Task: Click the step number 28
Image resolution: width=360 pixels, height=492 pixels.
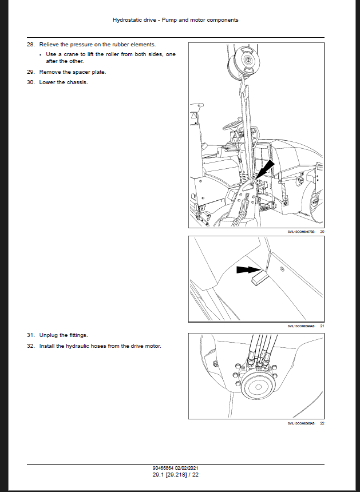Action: point(30,45)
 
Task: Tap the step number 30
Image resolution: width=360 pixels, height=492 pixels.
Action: point(30,82)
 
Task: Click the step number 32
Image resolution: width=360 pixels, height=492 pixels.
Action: point(30,346)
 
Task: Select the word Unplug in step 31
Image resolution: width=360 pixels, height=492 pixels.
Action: point(48,335)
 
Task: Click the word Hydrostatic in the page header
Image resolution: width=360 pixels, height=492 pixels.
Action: point(129,20)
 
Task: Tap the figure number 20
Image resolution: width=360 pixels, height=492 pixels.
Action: point(322,231)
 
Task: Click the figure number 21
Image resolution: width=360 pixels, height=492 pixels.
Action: point(322,326)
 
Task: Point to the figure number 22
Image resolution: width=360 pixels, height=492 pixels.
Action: point(322,423)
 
